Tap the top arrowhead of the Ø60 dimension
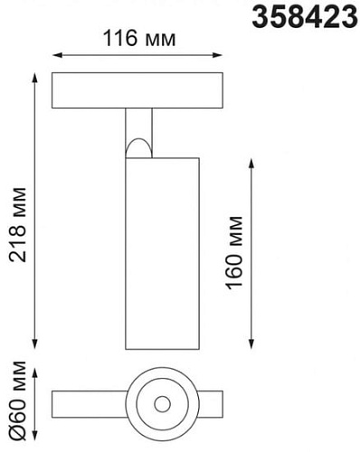click(36, 370)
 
